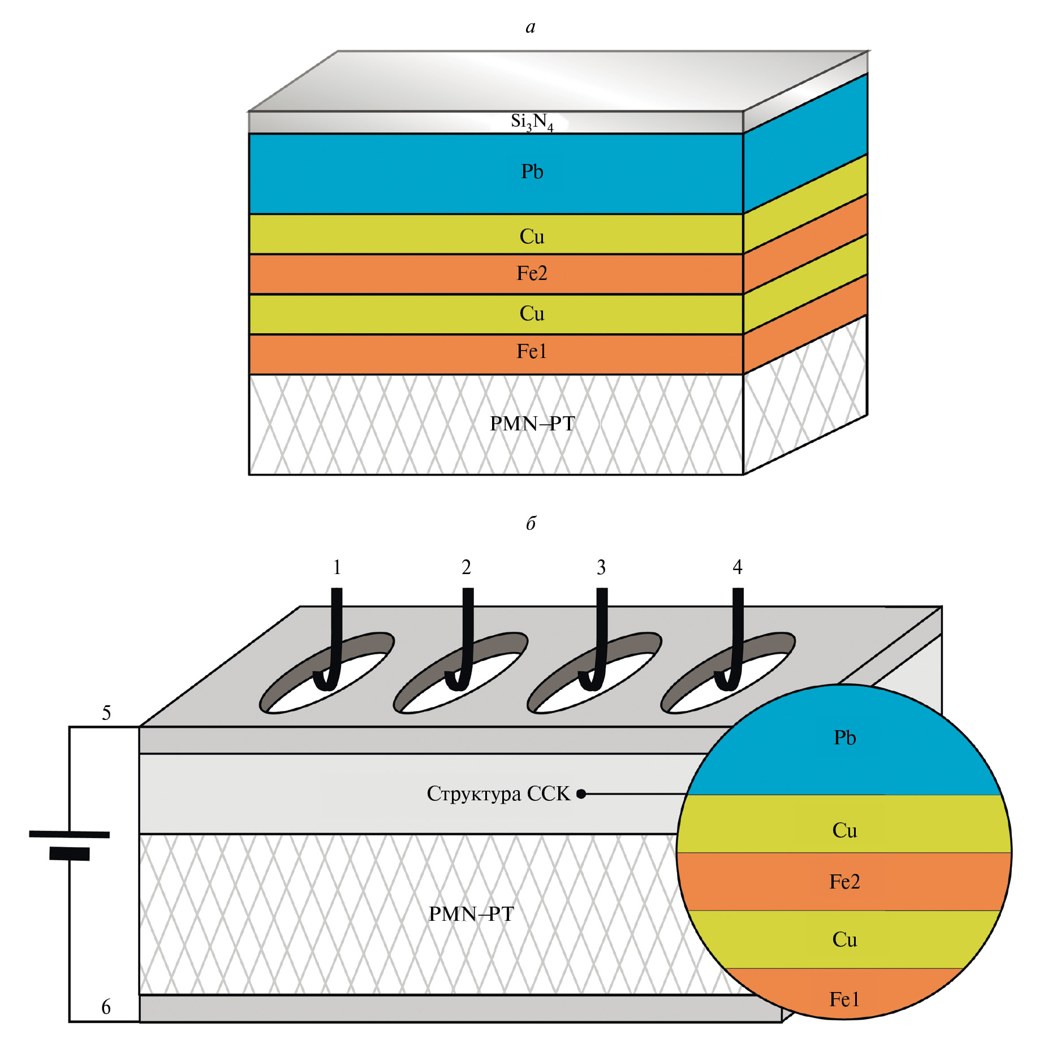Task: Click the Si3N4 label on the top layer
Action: click(x=532, y=122)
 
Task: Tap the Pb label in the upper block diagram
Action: click(x=532, y=171)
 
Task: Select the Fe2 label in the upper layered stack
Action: click(x=532, y=273)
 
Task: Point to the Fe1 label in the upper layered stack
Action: click(x=532, y=351)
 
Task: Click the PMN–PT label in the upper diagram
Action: click(x=532, y=423)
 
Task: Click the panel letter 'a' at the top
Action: click(x=530, y=27)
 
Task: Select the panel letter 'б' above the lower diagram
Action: click(x=531, y=523)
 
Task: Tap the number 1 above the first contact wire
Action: click(x=337, y=567)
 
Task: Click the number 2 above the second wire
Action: click(x=466, y=567)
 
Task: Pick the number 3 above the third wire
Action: click(x=601, y=567)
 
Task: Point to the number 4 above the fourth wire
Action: click(x=738, y=567)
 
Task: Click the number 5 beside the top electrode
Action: click(x=106, y=713)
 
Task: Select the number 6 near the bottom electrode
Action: click(x=106, y=1007)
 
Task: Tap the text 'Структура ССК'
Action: click(x=498, y=794)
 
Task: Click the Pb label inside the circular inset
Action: click(x=845, y=738)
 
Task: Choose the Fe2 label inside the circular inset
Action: click(x=844, y=881)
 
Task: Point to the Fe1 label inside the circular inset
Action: click(x=844, y=999)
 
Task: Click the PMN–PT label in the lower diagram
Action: click(x=471, y=913)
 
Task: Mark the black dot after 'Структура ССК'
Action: click(x=581, y=794)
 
